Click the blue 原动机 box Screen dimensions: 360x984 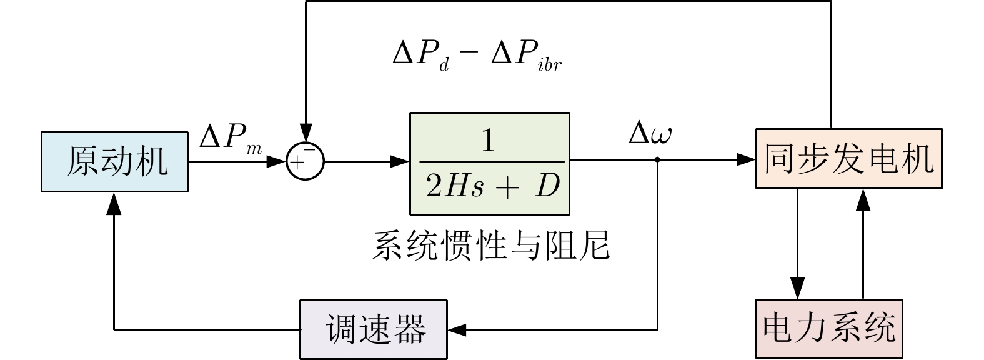(x=114, y=161)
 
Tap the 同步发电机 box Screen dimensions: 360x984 (x=848, y=158)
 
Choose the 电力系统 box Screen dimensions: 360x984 (x=829, y=329)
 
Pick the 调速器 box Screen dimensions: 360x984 (x=374, y=329)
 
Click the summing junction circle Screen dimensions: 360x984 (x=305, y=161)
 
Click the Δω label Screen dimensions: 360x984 (x=650, y=134)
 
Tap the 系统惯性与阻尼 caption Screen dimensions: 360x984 (x=490, y=246)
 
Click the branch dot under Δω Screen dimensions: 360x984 (x=657, y=161)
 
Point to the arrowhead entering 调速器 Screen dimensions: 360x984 (x=456, y=329)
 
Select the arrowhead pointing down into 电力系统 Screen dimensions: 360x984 (x=797, y=291)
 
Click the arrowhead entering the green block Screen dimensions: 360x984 (x=400, y=161)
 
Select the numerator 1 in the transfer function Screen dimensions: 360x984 (x=488, y=142)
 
